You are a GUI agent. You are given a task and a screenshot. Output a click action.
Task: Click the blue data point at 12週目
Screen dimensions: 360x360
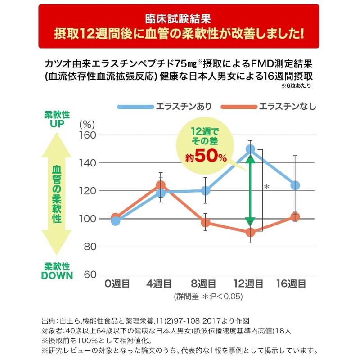point(250,149)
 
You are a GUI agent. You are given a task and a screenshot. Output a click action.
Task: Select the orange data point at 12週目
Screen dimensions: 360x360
point(250,233)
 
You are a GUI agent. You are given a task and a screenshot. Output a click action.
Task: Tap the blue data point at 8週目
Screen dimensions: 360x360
point(206,191)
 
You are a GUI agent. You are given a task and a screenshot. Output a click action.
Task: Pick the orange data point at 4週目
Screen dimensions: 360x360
point(161,185)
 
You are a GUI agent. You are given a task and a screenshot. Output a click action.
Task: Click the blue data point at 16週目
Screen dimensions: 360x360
point(295,185)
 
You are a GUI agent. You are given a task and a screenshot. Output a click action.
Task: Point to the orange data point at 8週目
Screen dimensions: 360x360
point(206,222)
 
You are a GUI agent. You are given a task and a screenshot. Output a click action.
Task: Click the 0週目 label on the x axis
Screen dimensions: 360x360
point(117,284)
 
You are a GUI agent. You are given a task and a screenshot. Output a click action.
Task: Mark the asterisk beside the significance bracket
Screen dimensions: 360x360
point(266,186)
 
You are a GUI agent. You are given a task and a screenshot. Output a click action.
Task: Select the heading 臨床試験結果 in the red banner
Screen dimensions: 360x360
point(179,19)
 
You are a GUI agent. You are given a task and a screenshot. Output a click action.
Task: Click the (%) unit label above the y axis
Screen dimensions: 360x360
point(85,122)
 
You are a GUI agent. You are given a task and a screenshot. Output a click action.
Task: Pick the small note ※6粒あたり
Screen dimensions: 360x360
point(296,85)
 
